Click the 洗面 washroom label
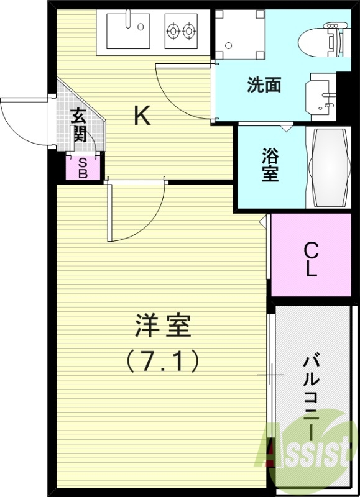tap(264, 85)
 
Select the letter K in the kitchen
tap(142, 116)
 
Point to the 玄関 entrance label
tap(78, 125)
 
